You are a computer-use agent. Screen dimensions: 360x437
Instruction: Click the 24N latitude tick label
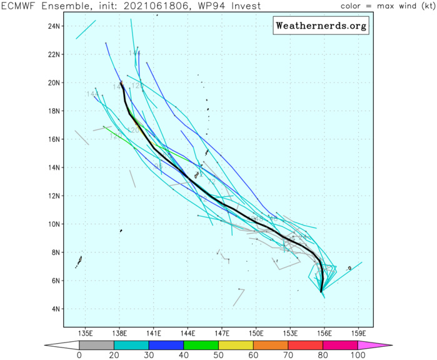click(x=54, y=26)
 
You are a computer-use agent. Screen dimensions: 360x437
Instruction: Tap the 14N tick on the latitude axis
click(x=54, y=167)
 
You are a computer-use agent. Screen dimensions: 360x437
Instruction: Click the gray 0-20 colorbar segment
click(x=96, y=345)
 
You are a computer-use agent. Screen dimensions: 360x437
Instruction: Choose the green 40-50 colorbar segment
click(x=201, y=345)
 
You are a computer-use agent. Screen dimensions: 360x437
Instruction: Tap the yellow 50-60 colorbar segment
click(x=236, y=345)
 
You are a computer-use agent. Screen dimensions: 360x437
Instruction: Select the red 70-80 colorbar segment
click(x=305, y=345)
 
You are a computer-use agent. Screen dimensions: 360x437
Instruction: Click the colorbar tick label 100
click(x=358, y=356)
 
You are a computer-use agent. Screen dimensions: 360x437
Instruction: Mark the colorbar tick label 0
click(x=79, y=356)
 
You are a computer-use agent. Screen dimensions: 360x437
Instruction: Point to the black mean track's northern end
click(x=121, y=82)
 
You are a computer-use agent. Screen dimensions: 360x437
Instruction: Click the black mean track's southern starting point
click(x=321, y=291)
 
